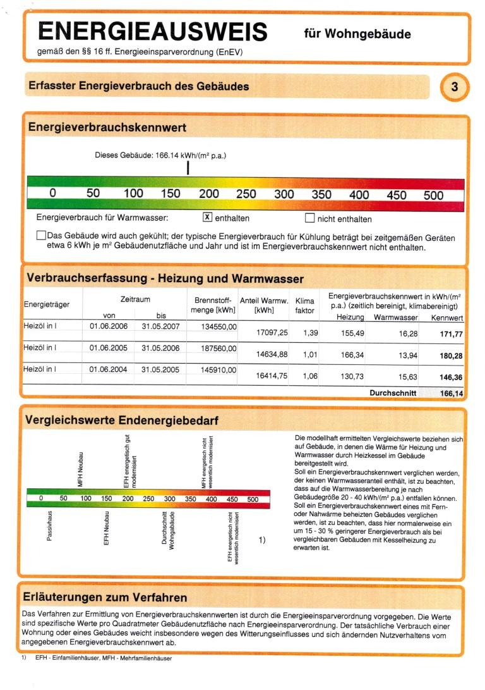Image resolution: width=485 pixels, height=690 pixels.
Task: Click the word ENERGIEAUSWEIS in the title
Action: [152, 31]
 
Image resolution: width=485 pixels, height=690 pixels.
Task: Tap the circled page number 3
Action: [455, 87]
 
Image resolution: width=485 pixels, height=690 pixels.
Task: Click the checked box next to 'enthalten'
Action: [207, 218]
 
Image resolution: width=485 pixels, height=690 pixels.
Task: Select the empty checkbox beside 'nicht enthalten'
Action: [309, 218]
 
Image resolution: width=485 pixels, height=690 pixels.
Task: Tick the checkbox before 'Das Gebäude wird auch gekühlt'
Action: [41, 236]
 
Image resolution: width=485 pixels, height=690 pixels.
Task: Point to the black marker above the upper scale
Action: [188, 168]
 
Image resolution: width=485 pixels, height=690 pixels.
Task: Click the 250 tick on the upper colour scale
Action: [246, 194]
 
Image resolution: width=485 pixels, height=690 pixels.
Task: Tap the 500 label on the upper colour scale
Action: [433, 195]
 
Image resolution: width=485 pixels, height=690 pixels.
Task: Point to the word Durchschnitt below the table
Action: [393, 393]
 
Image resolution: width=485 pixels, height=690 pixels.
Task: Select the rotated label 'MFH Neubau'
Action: [80, 469]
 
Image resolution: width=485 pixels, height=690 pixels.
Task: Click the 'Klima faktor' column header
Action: [304, 305]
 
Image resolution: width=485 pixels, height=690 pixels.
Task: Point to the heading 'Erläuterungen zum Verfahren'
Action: [104, 597]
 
